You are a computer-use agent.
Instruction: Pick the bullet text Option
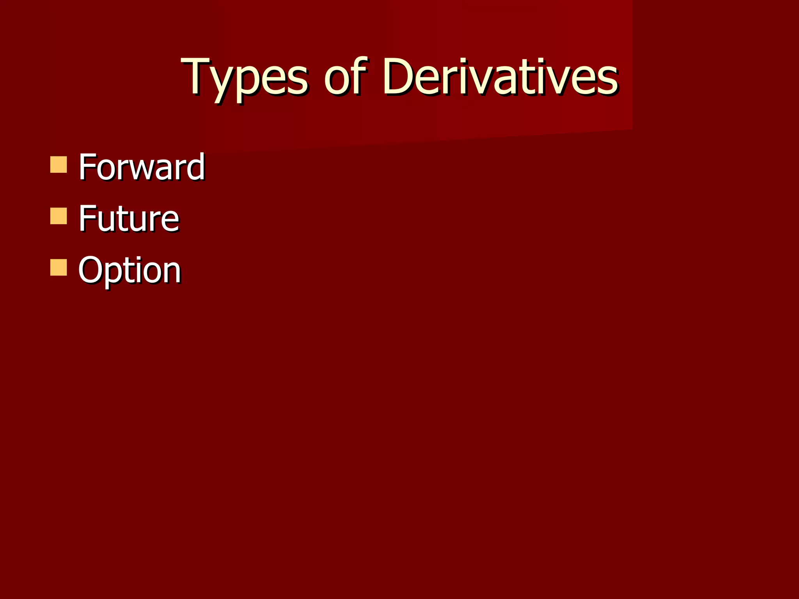point(130,270)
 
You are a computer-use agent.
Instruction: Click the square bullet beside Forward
point(59,165)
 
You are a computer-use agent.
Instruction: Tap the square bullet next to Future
point(59,216)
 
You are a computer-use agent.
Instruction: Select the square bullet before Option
point(59,268)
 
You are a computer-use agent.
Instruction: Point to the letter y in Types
point(225,84)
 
